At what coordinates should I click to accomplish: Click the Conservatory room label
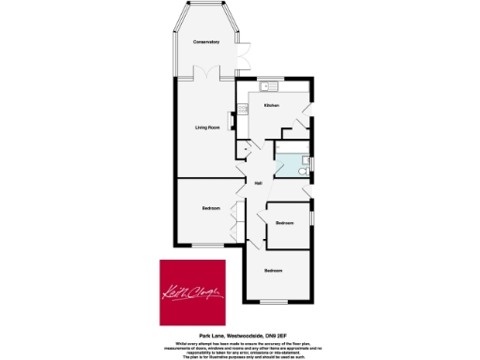tap(206, 42)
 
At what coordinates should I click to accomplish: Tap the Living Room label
tap(207, 128)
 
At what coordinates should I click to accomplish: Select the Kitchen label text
tap(272, 106)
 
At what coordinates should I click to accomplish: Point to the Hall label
tap(256, 183)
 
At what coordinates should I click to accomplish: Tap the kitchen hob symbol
tap(244, 109)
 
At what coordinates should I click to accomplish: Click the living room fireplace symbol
tap(174, 131)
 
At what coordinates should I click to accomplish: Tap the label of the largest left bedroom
tap(211, 208)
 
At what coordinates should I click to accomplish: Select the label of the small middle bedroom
tap(284, 222)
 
